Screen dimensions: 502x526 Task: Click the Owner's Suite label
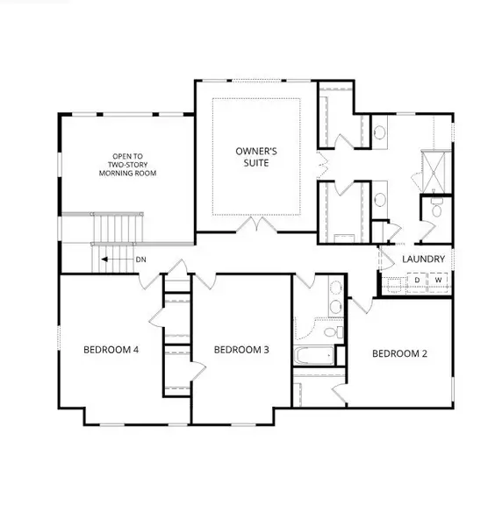pyautogui.click(x=256, y=157)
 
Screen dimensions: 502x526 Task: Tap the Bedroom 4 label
pyautogui.click(x=111, y=350)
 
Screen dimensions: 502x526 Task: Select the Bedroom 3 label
pyautogui.click(x=241, y=350)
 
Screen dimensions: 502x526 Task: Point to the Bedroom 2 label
pyautogui.click(x=399, y=353)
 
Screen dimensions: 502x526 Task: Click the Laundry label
pyautogui.click(x=423, y=259)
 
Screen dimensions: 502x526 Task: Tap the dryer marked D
pyautogui.click(x=417, y=280)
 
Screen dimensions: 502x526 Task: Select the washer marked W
pyautogui.click(x=438, y=280)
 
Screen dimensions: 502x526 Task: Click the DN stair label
pyautogui.click(x=141, y=259)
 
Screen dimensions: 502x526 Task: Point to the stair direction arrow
pyautogui.click(x=118, y=259)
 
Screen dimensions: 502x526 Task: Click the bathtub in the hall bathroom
pyautogui.click(x=314, y=356)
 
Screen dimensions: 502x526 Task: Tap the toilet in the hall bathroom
pyautogui.click(x=333, y=332)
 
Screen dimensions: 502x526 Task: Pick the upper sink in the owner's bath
pyautogui.click(x=380, y=132)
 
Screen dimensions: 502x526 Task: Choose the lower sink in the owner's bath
pyautogui.click(x=380, y=200)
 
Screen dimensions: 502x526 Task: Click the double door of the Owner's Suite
pyautogui.click(x=257, y=224)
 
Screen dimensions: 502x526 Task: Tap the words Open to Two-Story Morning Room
pyautogui.click(x=127, y=165)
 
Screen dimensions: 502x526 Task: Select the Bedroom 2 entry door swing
pyautogui.click(x=362, y=305)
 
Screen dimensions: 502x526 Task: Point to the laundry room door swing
pyautogui.click(x=386, y=259)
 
